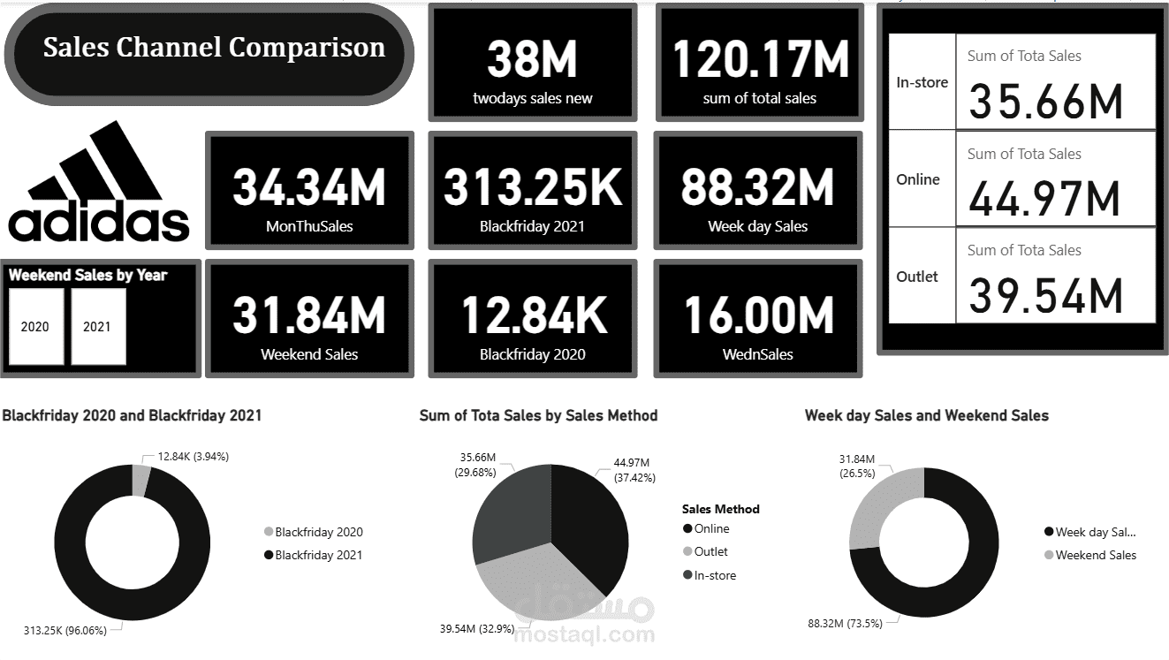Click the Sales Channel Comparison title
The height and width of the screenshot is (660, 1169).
(x=214, y=48)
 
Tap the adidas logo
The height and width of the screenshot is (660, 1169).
(x=99, y=184)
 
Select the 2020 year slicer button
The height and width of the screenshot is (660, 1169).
(x=35, y=326)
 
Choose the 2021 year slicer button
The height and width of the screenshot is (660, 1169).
(x=97, y=326)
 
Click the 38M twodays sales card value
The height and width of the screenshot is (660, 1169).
(x=532, y=59)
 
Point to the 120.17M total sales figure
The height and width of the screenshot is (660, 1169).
(x=760, y=59)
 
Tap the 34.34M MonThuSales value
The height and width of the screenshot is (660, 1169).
(x=309, y=187)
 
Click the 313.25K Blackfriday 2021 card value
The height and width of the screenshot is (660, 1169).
(x=532, y=187)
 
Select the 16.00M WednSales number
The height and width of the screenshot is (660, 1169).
(x=758, y=315)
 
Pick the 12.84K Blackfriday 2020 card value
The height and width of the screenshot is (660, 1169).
(x=534, y=315)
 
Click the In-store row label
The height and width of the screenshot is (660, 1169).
(x=922, y=82)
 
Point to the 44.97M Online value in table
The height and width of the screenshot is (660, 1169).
(x=1044, y=198)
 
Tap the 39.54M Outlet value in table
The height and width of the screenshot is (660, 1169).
(x=1044, y=295)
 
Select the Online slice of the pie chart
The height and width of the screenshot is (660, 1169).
(x=588, y=521)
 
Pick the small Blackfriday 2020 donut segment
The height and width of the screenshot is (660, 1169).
(x=140, y=482)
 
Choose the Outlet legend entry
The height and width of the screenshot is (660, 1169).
(x=710, y=551)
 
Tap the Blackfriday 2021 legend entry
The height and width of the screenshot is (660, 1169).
(x=318, y=555)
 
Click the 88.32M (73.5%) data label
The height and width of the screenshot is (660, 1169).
(x=845, y=623)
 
